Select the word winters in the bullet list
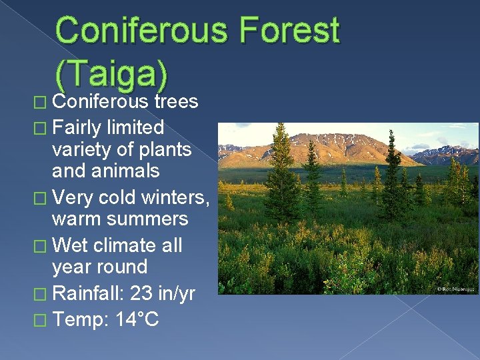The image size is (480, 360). click(176, 197)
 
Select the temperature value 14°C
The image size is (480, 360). click(137, 319)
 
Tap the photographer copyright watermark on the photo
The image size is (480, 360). click(455, 289)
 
